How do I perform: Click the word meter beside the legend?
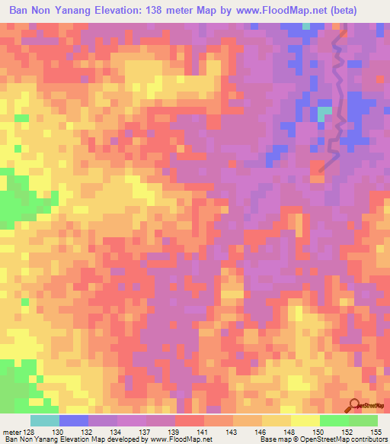(x=11, y=432)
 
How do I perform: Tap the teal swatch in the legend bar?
(x=45, y=420)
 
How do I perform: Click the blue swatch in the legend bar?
(x=74, y=420)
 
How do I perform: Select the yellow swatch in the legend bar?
(x=305, y=420)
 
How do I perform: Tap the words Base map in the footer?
(x=272, y=440)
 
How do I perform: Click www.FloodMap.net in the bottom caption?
(x=180, y=440)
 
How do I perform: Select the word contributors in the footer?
(x=366, y=440)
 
